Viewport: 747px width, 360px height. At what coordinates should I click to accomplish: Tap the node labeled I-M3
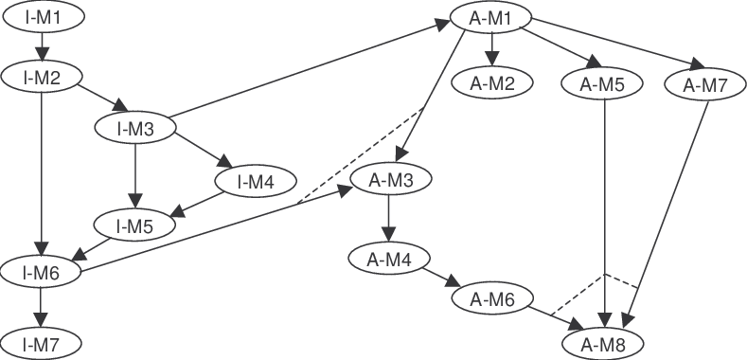pos(136,128)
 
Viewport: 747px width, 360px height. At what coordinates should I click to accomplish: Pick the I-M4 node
pos(256,179)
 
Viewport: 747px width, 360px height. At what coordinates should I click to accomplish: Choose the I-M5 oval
pos(134,225)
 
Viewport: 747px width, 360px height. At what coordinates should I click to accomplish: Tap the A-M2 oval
pos(492,83)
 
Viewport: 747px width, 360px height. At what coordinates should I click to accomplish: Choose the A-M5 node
pos(603,83)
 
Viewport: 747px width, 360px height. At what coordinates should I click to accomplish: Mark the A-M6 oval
pos(491,299)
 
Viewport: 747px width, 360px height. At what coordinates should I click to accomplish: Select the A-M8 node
pos(604,342)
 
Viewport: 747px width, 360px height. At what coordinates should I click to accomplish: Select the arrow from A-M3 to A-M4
pos(388,218)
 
